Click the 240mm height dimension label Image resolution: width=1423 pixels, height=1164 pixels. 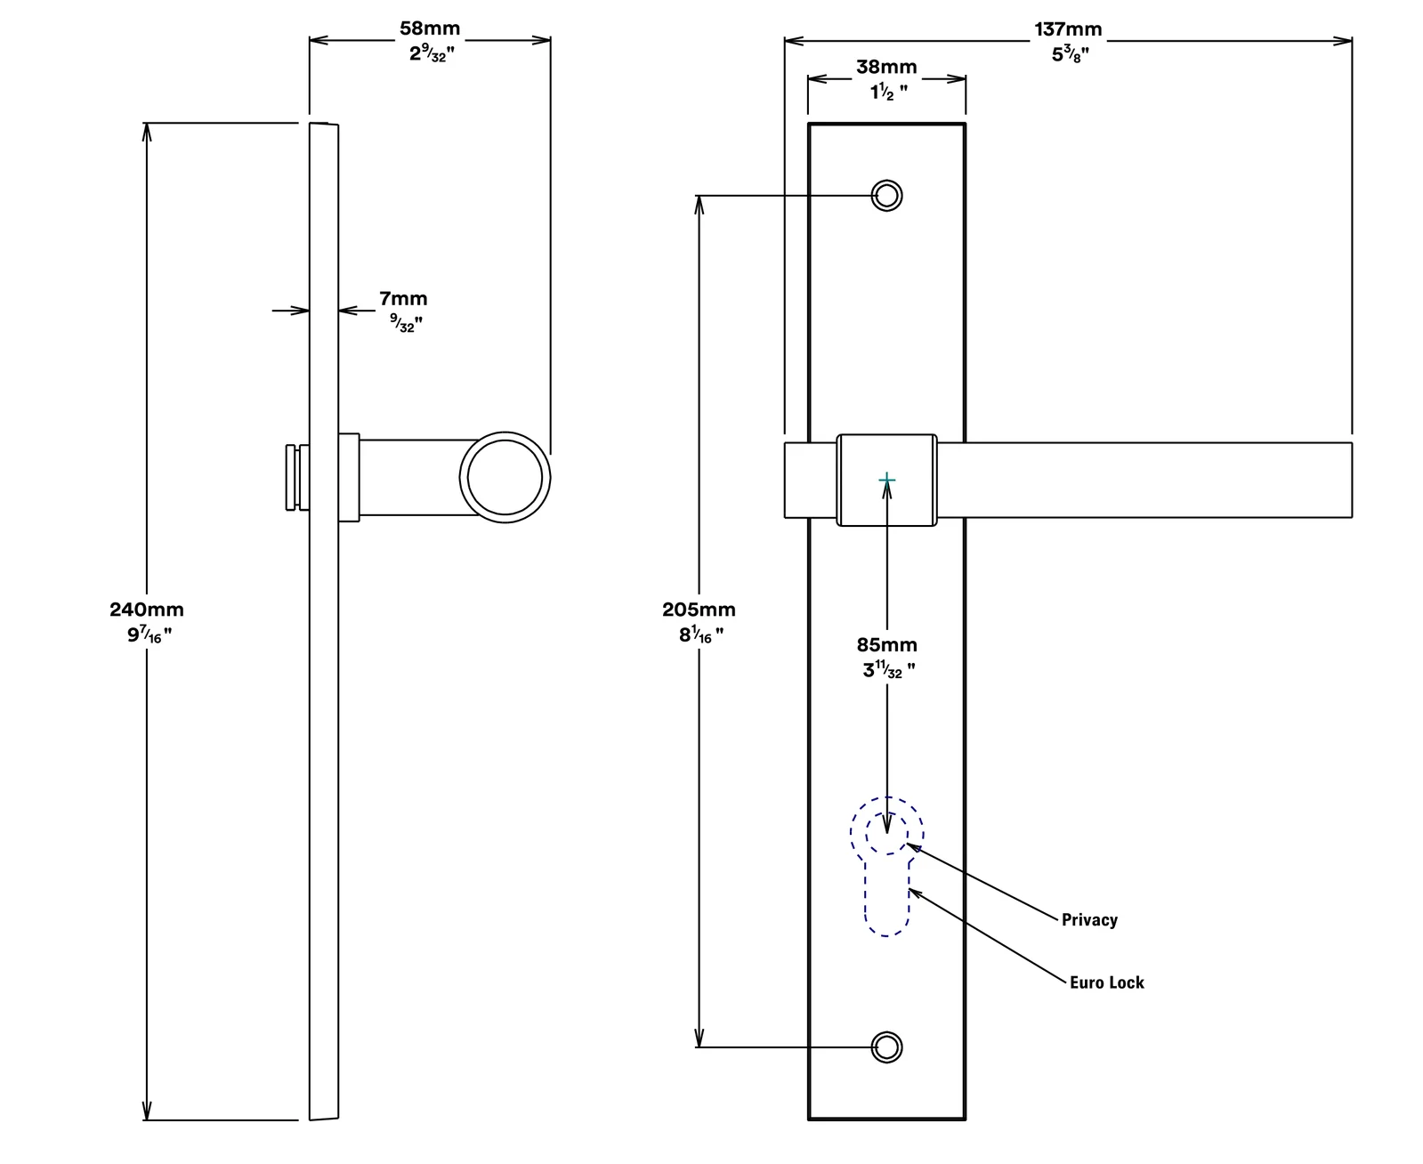147,610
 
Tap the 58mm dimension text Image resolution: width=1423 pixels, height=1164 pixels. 430,28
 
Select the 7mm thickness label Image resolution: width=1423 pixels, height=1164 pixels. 403,298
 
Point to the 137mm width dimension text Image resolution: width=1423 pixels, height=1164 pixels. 1068,29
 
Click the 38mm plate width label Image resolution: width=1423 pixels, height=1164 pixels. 886,67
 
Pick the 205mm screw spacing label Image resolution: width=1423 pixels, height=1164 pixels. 699,610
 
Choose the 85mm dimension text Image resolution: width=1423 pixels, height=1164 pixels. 886,644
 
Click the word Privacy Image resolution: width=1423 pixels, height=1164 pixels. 1089,920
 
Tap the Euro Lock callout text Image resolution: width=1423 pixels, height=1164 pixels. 1106,982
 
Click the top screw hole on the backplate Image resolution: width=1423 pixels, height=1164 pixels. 886,196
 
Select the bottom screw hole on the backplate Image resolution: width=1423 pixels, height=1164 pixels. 886,1047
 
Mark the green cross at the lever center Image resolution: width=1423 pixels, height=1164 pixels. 886,480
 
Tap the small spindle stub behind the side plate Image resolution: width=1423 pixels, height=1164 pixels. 297,477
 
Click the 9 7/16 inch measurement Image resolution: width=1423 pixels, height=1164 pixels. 150,635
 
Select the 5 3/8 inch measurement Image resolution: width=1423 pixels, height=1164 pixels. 1070,54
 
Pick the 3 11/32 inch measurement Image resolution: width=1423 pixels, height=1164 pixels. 889,670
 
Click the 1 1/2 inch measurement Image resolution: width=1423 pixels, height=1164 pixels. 889,92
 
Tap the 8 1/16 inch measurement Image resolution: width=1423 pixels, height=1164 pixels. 701,635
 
